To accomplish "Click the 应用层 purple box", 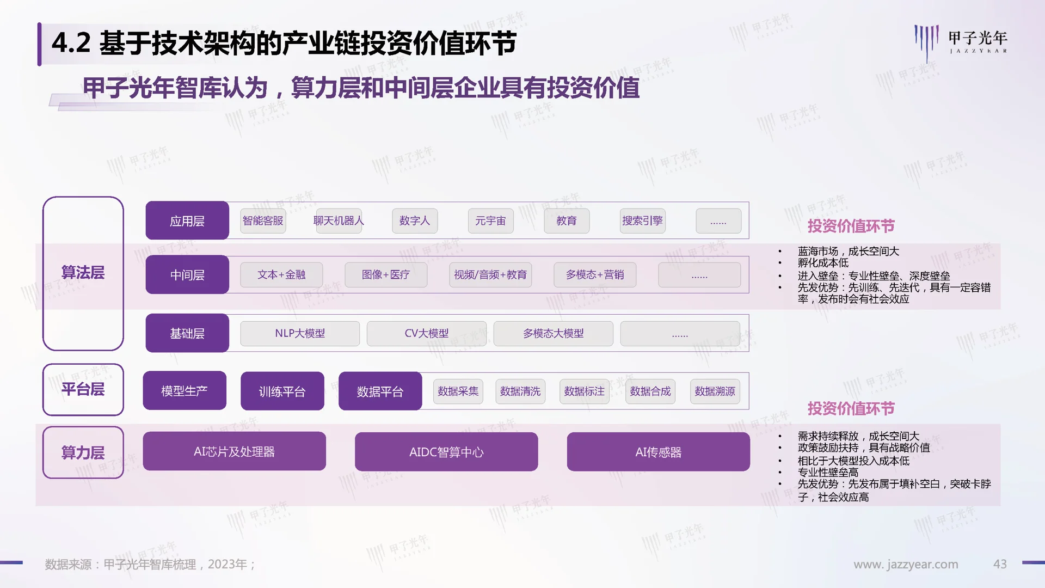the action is [x=187, y=220].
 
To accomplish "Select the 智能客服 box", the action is [x=263, y=220].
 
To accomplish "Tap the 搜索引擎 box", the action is [x=642, y=220].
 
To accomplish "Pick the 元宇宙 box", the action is [x=490, y=220].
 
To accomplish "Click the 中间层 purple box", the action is [x=187, y=275].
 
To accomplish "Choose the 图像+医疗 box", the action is [x=386, y=275].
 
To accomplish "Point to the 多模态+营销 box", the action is [x=595, y=275].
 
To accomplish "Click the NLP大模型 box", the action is [x=300, y=333].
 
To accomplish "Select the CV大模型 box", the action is [x=427, y=333].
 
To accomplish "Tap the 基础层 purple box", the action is [x=187, y=333].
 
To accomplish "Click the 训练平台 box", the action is [x=282, y=391].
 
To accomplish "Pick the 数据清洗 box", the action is [x=520, y=391].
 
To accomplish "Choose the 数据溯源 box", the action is [x=715, y=391].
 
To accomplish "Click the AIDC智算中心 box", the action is [x=446, y=452].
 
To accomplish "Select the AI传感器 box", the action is [x=658, y=452].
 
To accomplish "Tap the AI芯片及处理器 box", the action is [x=234, y=451].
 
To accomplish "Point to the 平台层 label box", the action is [x=83, y=389].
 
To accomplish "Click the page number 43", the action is [x=1000, y=564].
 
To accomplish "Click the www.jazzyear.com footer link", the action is [x=906, y=565].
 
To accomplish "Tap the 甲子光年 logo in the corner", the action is [x=961, y=41].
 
